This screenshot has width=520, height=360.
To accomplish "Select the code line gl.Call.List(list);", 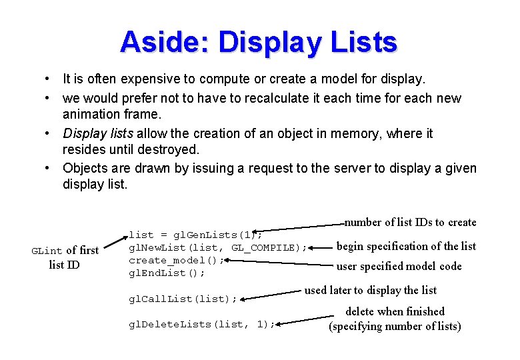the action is (x=183, y=299).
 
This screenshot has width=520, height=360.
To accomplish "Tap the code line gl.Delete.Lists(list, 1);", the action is (x=201, y=324).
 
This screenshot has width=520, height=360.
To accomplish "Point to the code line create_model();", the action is (x=176, y=260).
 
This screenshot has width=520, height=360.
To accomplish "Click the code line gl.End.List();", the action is (x=167, y=273).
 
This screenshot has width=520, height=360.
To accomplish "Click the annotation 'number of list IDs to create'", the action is (x=411, y=222).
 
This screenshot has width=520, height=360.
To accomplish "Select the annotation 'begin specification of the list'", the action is (x=406, y=246).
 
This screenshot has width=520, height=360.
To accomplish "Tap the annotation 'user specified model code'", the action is (x=399, y=266).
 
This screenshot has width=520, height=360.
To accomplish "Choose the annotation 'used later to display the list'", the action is (x=371, y=290).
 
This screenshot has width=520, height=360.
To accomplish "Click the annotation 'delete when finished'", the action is (x=395, y=311).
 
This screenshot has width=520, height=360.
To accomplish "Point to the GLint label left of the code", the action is (x=47, y=251).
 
